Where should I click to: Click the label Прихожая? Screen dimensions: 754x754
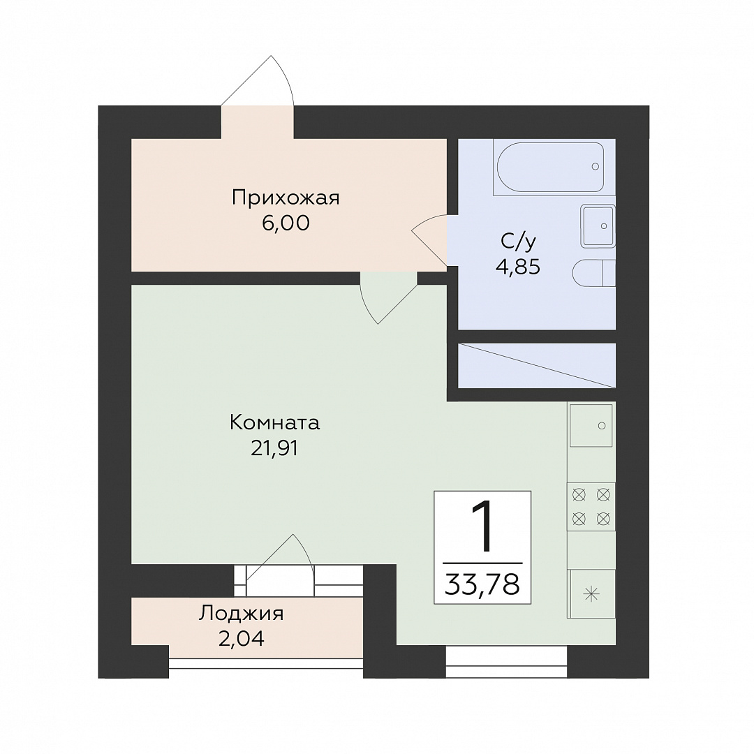[286, 198]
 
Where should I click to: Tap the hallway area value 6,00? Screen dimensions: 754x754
[286, 223]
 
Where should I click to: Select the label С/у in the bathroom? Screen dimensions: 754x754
[518, 242]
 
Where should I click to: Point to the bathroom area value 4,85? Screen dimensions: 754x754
[518, 267]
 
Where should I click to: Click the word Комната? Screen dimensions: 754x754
[274, 423]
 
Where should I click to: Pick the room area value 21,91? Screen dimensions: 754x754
[274, 448]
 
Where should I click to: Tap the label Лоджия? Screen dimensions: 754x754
[242, 614]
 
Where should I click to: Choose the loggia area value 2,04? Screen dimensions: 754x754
[242, 639]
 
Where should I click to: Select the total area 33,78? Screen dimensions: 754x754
[482, 585]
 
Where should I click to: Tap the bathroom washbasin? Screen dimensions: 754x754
[598, 226]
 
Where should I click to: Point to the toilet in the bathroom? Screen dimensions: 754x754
[594, 274]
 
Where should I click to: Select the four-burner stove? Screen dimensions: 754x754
[591, 506]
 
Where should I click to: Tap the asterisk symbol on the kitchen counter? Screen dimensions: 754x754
[591, 595]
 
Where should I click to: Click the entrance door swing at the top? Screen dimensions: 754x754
[257, 81]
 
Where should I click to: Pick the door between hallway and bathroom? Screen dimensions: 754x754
[429, 239]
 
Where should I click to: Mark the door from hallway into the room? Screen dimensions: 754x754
[389, 297]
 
